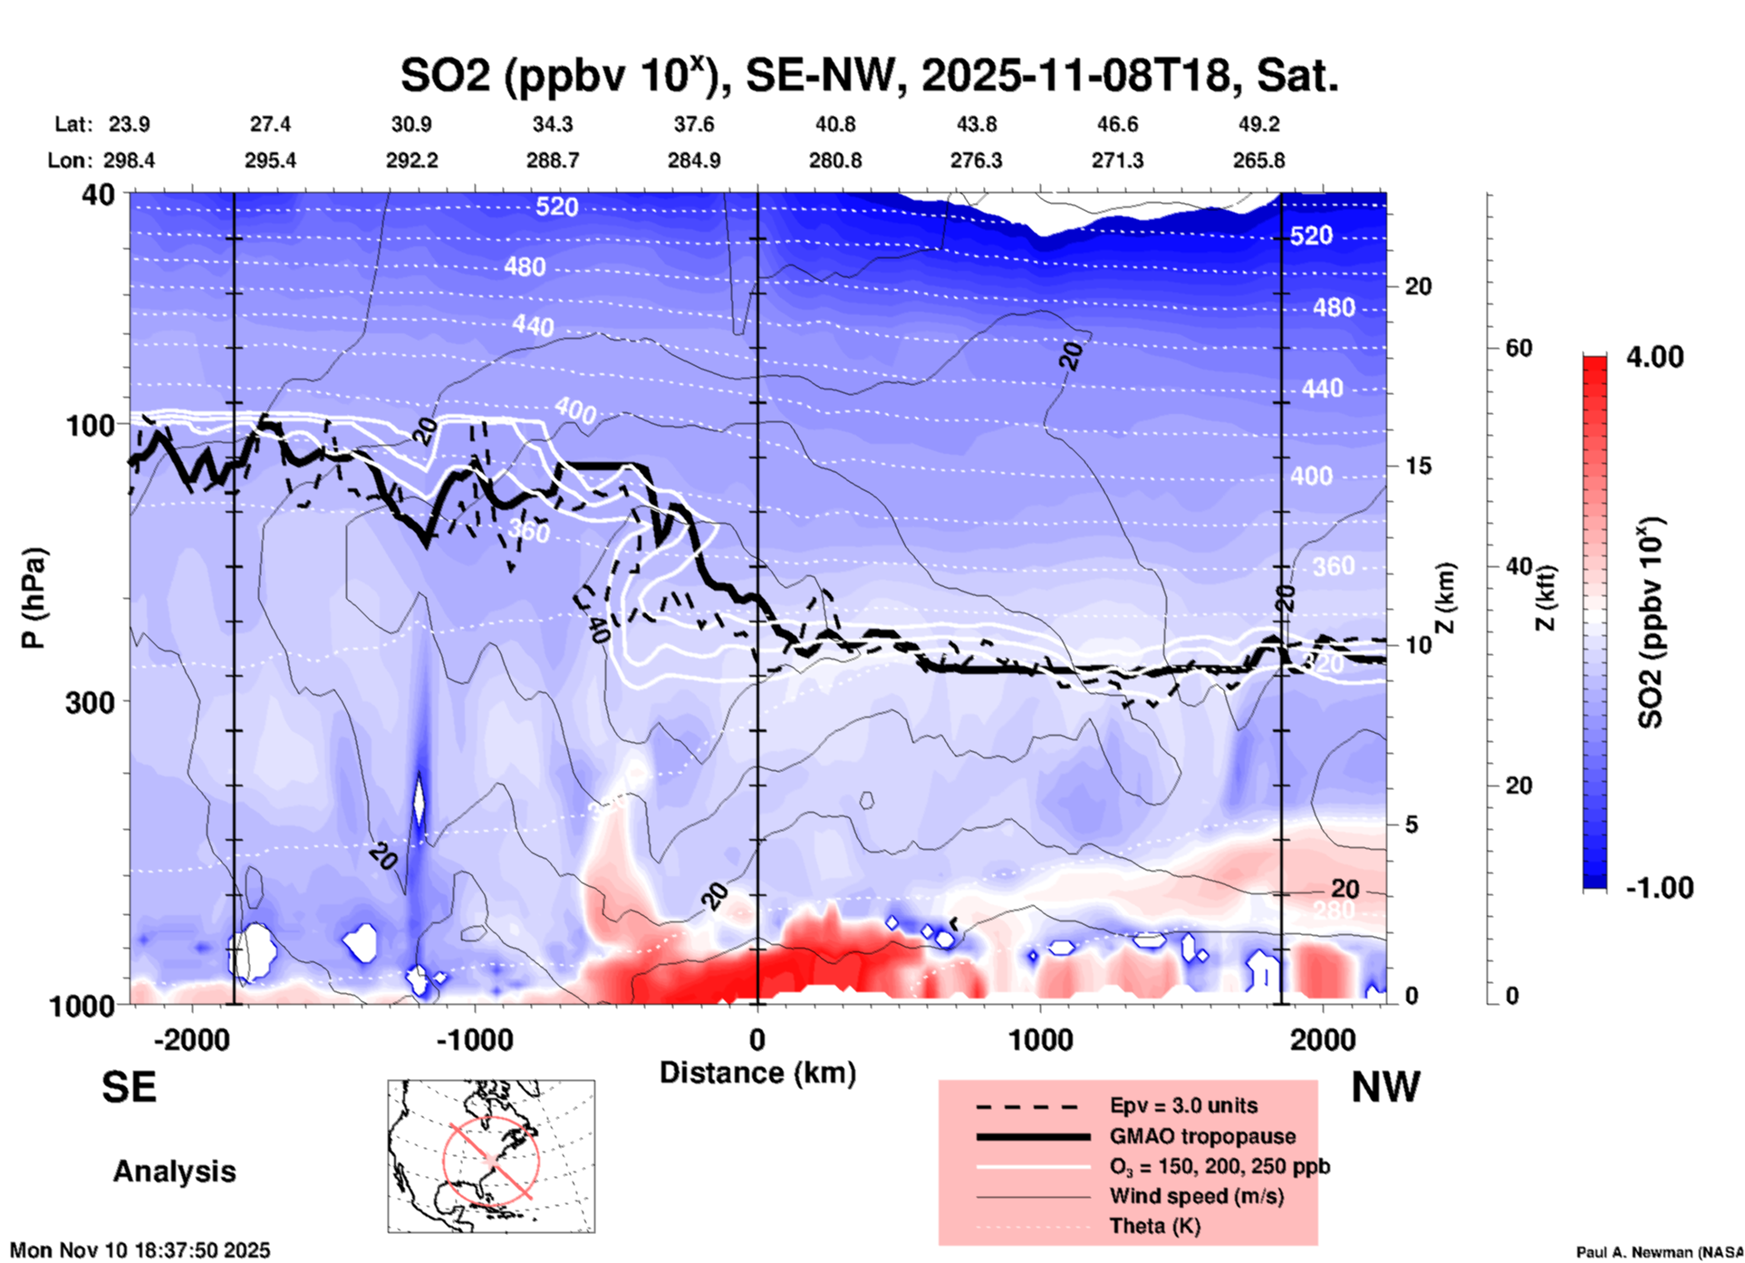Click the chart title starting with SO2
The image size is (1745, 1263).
pyautogui.click(x=869, y=76)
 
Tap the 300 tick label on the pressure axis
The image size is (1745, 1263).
pyautogui.click(x=90, y=702)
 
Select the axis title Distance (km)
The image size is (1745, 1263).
pyautogui.click(x=757, y=1073)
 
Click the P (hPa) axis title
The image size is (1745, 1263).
pyautogui.click(x=34, y=598)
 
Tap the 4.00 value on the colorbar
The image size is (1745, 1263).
pyautogui.click(x=1654, y=357)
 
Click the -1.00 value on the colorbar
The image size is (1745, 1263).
pyautogui.click(x=1659, y=888)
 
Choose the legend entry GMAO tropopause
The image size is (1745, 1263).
pyautogui.click(x=1202, y=1136)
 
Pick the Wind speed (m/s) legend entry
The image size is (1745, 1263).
pyautogui.click(x=1196, y=1196)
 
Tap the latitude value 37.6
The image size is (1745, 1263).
pyautogui.click(x=694, y=124)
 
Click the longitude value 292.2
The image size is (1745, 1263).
pyautogui.click(x=412, y=160)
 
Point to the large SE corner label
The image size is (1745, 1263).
pyautogui.click(x=130, y=1086)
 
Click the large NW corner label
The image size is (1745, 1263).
pyautogui.click(x=1385, y=1086)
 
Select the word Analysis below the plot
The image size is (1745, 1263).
pyautogui.click(x=174, y=1171)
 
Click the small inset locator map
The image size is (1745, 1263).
pyautogui.click(x=491, y=1156)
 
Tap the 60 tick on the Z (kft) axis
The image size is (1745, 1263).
pyautogui.click(x=1519, y=348)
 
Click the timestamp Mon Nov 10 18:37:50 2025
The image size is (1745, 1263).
pyautogui.click(x=140, y=1250)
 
